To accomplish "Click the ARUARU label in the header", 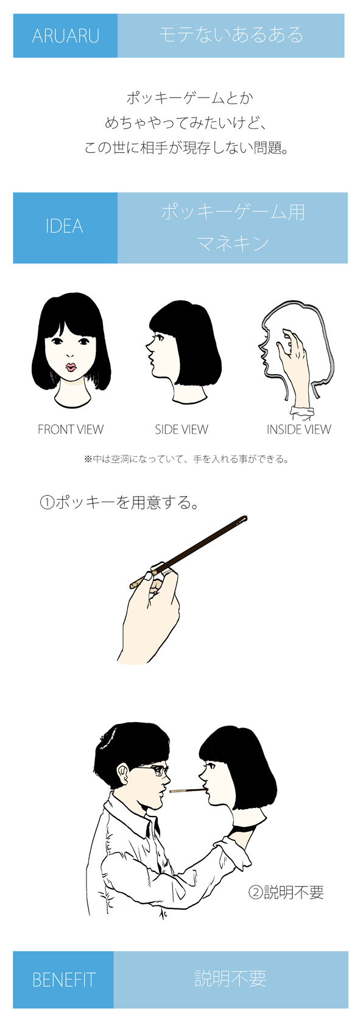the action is (x=65, y=36).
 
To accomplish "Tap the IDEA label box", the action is (x=65, y=228).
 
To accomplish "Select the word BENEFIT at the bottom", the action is (x=63, y=980).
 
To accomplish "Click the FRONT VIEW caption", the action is (x=71, y=430).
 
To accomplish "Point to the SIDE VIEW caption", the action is (x=182, y=430).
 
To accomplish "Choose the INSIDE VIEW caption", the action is (x=298, y=430).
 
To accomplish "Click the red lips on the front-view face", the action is (x=71, y=367).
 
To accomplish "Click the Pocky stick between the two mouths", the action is (x=186, y=791).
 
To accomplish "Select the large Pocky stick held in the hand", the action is (x=189, y=552).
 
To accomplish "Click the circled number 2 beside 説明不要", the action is (x=255, y=893).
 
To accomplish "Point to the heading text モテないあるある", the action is (x=231, y=35).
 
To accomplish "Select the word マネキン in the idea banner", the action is (x=233, y=243).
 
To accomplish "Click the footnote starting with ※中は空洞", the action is (x=186, y=459).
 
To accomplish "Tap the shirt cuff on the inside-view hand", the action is (x=302, y=411).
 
